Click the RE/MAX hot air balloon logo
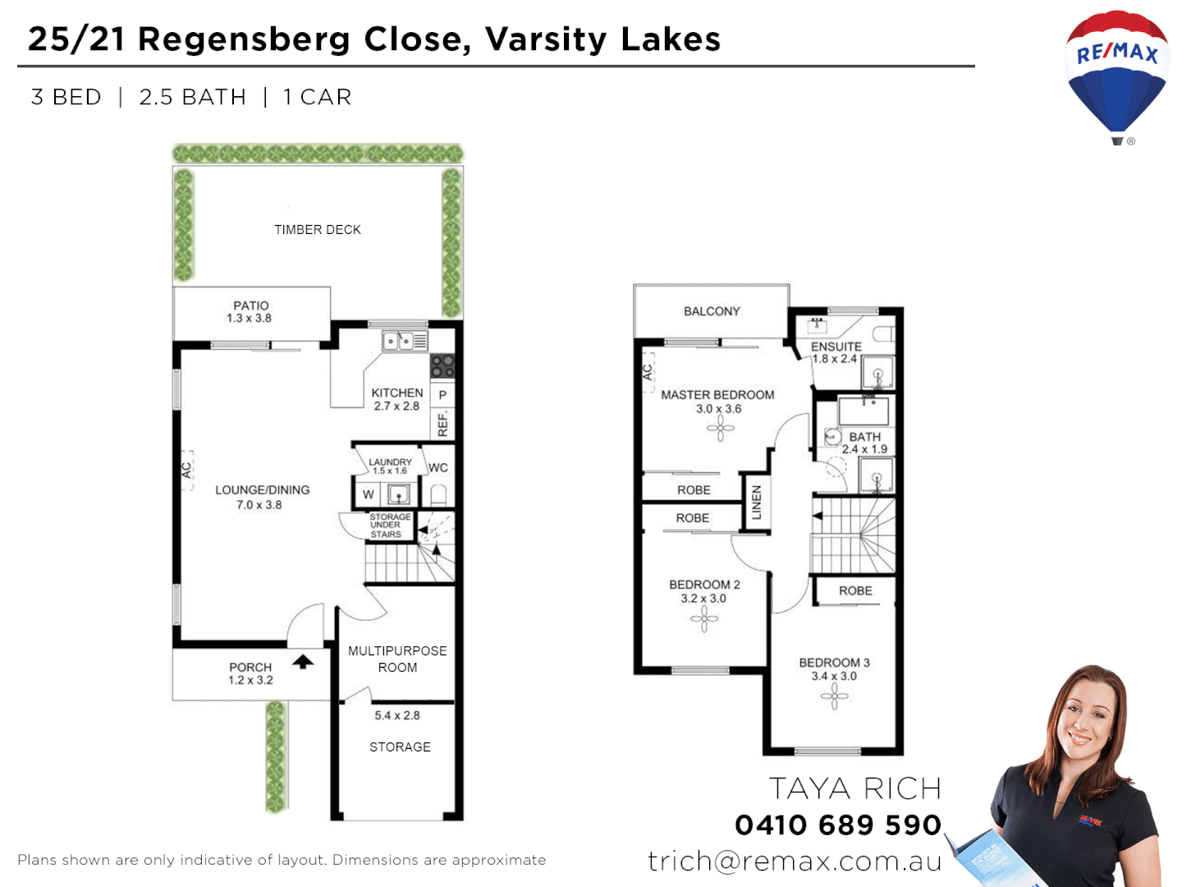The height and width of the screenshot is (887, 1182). click(x=1116, y=74)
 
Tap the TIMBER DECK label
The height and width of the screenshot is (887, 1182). click(x=318, y=230)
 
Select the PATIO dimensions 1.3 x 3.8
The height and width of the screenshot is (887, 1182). click(x=250, y=319)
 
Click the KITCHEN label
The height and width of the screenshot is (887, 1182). click(x=397, y=393)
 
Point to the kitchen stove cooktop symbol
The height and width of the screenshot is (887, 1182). click(x=442, y=365)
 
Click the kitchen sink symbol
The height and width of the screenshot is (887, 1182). click(x=399, y=340)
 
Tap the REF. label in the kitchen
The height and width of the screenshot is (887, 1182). click(x=443, y=424)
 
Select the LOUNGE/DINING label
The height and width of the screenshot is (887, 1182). click(x=263, y=490)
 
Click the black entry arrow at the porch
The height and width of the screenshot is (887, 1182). click(x=303, y=661)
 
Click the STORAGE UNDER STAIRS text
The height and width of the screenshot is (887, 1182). click(x=389, y=526)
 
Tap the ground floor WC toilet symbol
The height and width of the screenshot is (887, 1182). click(x=438, y=494)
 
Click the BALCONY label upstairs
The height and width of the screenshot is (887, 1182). click(x=712, y=311)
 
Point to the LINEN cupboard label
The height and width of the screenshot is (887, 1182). click(x=757, y=502)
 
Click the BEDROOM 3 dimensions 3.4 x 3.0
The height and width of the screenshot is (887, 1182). click(x=834, y=677)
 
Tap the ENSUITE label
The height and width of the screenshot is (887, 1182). click(x=836, y=347)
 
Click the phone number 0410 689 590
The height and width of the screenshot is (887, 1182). click(x=838, y=825)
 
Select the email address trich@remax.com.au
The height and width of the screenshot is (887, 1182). click(x=795, y=861)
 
